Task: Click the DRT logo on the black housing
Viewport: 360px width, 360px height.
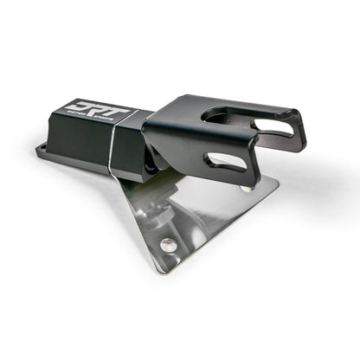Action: click(x=98, y=112)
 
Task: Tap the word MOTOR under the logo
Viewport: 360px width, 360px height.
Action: click(x=83, y=124)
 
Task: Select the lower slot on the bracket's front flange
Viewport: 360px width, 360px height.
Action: click(x=227, y=162)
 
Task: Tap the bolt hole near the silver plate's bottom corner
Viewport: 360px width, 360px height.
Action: click(x=168, y=245)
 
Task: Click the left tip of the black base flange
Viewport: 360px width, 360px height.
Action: click(x=39, y=150)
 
